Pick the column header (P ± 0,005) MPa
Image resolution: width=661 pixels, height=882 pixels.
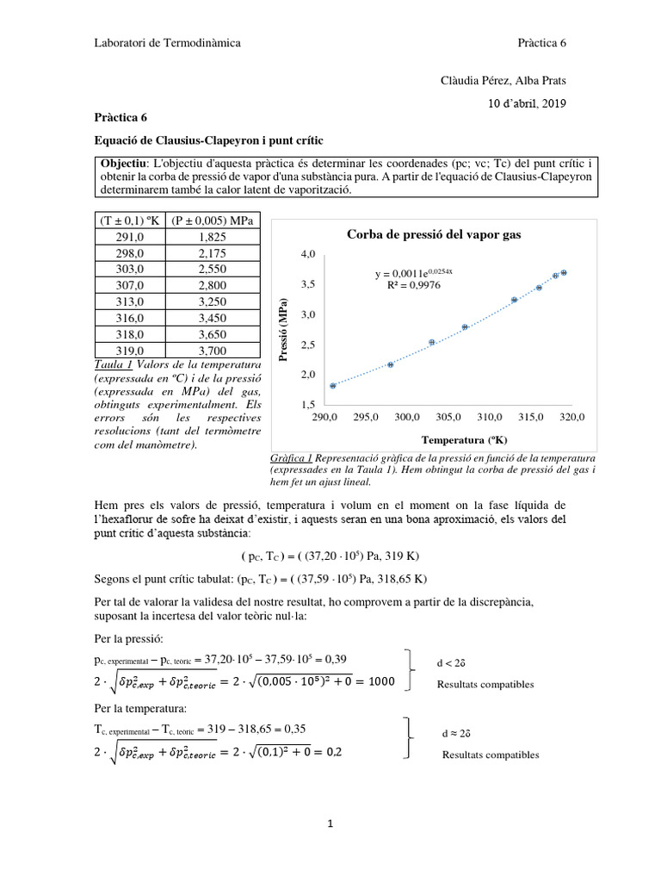click(x=213, y=220)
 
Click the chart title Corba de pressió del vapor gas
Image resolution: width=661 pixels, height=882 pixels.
click(x=434, y=234)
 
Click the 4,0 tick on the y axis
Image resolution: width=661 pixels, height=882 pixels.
click(x=307, y=255)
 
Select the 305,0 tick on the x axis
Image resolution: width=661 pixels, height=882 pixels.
click(x=448, y=417)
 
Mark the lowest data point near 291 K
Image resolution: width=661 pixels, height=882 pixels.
click(x=333, y=386)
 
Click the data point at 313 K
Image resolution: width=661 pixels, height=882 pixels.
click(x=514, y=300)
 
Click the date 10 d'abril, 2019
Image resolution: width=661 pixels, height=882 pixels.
click(x=527, y=102)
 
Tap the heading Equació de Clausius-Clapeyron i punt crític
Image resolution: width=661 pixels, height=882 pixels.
click(x=207, y=140)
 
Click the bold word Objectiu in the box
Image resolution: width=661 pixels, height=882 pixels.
click(x=124, y=164)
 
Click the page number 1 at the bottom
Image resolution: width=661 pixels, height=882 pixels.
click(x=330, y=824)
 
